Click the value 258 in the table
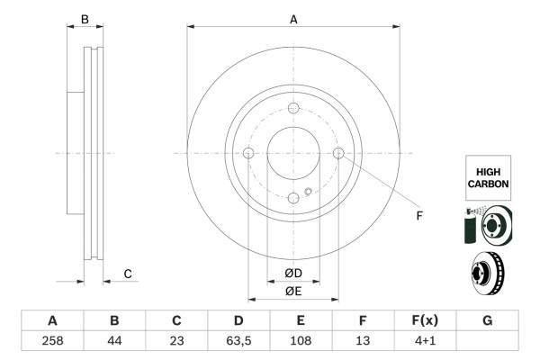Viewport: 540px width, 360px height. pos(52,341)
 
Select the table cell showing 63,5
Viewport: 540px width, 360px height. pos(238,341)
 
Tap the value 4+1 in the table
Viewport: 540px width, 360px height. pos(424,341)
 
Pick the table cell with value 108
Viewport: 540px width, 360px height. pos(301,341)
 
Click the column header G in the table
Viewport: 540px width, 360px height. pos(487,320)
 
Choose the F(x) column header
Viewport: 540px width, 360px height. pos(424,320)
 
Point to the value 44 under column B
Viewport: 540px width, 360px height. pos(114,341)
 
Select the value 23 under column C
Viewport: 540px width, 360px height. pos(176,341)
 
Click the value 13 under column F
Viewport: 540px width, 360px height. pos(362,341)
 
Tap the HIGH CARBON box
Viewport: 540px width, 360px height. pos(488,176)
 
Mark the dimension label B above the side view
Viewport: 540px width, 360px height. pos(85,18)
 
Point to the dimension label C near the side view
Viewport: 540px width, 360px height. pos(128,274)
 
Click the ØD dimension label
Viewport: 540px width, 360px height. pos(292,273)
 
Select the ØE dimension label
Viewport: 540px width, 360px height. pos(292,290)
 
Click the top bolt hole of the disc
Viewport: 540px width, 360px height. pos(293,108)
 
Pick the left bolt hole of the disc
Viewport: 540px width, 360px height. pos(249,153)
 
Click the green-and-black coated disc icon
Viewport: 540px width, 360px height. pos(487,225)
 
